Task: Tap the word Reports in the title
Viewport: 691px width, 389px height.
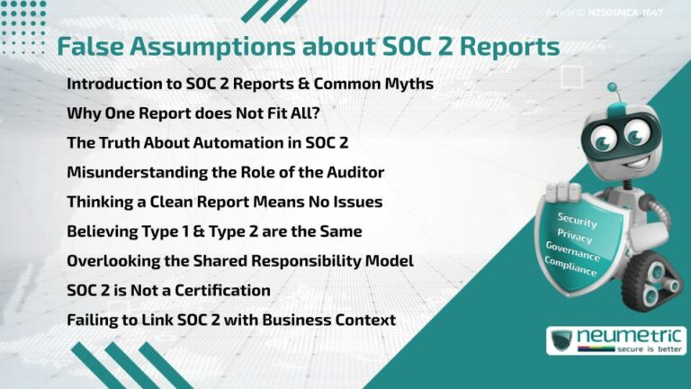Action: (507, 47)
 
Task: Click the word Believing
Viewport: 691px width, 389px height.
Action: (100, 231)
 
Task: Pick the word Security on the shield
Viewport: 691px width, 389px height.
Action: (577, 219)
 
